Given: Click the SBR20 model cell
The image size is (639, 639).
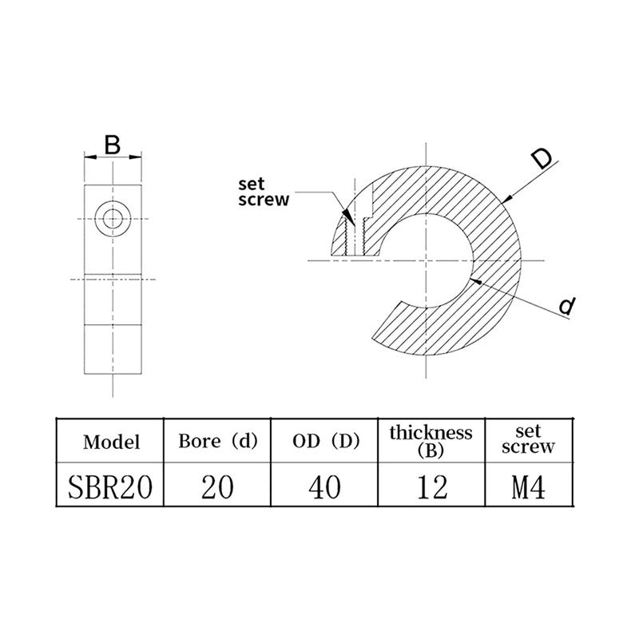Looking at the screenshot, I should [x=111, y=485].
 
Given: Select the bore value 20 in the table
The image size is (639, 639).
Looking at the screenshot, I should [x=217, y=485].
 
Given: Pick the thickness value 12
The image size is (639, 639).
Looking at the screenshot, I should [x=431, y=485].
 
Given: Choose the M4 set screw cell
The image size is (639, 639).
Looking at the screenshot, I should [x=528, y=485].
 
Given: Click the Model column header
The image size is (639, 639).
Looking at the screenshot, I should [x=111, y=441].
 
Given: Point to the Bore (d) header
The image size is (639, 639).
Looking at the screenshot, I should [x=217, y=441].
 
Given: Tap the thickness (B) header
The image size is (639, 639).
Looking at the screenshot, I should [x=431, y=440].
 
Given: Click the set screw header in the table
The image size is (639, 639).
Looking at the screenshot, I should [x=528, y=440].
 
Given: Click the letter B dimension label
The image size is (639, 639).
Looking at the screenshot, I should [x=113, y=145].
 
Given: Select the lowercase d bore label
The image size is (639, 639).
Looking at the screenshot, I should [x=567, y=305].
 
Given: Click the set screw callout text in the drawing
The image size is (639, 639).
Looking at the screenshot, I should [x=263, y=192].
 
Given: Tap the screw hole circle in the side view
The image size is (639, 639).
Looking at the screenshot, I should [x=113, y=218].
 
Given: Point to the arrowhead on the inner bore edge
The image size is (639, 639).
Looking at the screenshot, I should [x=477, y=280].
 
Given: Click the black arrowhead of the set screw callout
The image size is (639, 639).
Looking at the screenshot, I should [x=347, y=215].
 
